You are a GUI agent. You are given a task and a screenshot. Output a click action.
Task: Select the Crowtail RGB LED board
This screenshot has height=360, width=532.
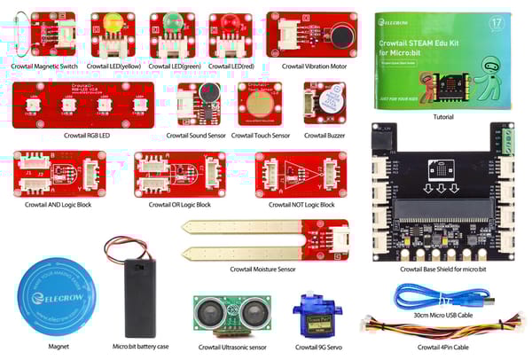click(x=82, y=106)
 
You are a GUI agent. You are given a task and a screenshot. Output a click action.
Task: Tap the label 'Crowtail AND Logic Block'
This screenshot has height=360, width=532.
click(x=61, y=205)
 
